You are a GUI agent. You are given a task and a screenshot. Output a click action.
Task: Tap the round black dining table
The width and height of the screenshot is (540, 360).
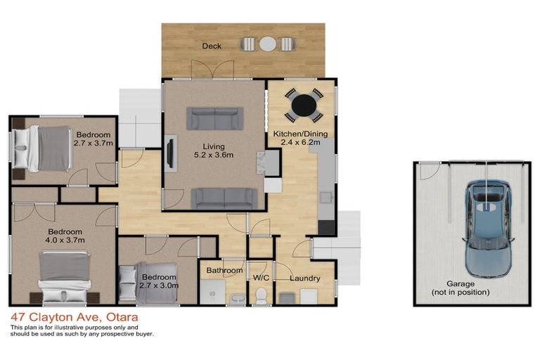[x=304, y=105]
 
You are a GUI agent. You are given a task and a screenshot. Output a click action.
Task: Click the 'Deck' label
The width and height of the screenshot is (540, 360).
[x=212, y=46]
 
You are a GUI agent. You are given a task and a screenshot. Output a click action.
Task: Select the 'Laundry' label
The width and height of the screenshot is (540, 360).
[x=305, y=278]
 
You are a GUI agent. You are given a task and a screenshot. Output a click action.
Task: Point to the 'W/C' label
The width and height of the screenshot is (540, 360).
[x=262, y=278]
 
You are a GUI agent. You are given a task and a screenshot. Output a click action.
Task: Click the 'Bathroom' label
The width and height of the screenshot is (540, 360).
[x=224, y=271]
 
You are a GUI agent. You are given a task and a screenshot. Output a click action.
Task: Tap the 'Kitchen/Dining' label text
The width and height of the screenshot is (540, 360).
[x=300, y=134]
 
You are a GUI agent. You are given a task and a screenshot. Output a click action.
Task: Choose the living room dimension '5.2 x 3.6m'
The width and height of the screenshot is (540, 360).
[x=214, y=155]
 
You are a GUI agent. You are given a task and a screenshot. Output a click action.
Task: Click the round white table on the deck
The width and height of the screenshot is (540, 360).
[x=267, y=44]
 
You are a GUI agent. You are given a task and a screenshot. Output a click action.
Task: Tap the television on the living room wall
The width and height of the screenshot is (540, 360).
[x=169, y=153]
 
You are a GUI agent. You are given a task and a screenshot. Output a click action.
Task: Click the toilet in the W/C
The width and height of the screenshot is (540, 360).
[x=261, y=296]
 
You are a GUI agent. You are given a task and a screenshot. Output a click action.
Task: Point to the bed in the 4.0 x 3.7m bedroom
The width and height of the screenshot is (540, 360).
[x=65, y=275]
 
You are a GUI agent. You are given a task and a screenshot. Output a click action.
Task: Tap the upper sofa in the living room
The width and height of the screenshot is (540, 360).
[x=214, y=118]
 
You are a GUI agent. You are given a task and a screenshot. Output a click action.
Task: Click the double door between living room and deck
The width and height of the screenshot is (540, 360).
[x=213, y=70]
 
